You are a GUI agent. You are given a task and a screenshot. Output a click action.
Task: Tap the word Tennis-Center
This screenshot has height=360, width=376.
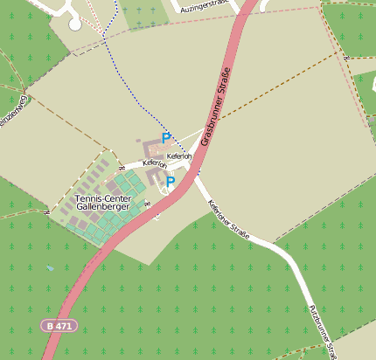point(102,198)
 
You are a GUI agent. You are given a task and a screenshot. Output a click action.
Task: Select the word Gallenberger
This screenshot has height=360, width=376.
point(102,207)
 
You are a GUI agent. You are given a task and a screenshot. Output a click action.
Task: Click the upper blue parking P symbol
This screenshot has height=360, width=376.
point(165,138)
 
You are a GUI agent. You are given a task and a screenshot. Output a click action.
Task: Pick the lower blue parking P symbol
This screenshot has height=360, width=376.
point(171,182)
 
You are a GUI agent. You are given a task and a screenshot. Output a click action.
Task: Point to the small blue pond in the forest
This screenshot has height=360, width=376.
point(50,268)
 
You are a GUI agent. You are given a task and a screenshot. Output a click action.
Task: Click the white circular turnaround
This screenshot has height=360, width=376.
point(74,24)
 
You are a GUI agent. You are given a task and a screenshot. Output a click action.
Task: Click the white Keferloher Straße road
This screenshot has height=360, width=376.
point(262,241)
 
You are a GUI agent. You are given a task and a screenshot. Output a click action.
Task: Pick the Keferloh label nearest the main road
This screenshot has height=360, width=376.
point(180,156)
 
